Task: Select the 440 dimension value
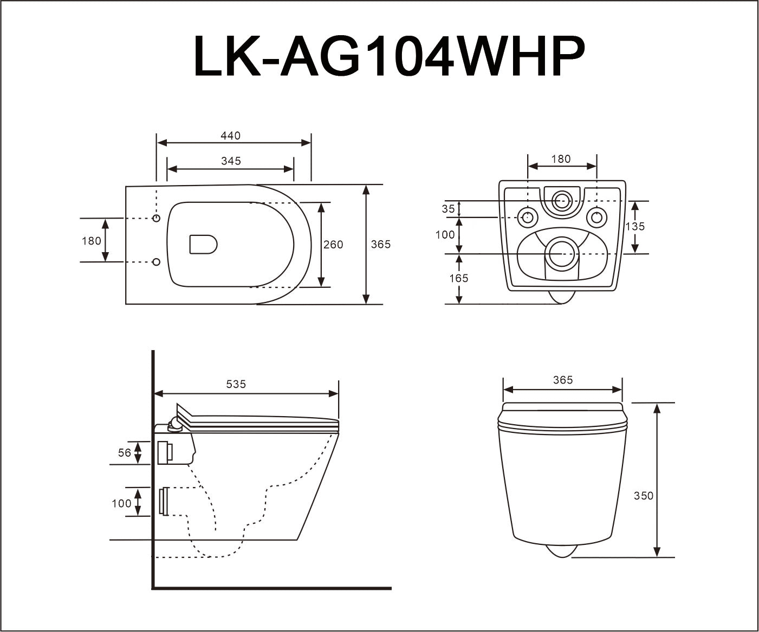pos(230,136)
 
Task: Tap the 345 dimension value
pos(231,161)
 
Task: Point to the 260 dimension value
pos(333,245)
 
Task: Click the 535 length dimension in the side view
pos(236,384)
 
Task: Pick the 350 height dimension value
pos(644,496)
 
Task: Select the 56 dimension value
pos(125,452)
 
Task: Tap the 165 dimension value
pos(458,278)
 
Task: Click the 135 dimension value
pos(635,226)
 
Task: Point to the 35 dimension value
pos(448,209)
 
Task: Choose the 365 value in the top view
pos(380,245)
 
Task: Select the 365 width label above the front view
pos(563,380)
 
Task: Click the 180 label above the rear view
pos(561,159)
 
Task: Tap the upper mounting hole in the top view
pos(157,218)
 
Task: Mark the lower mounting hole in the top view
pos(157,262)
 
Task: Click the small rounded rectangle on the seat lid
pos(203,244)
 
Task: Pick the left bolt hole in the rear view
pos(527,218)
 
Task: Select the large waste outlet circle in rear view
pos(561,253)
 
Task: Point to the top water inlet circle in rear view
pos(561,201)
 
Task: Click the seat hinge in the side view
pos(176,426)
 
